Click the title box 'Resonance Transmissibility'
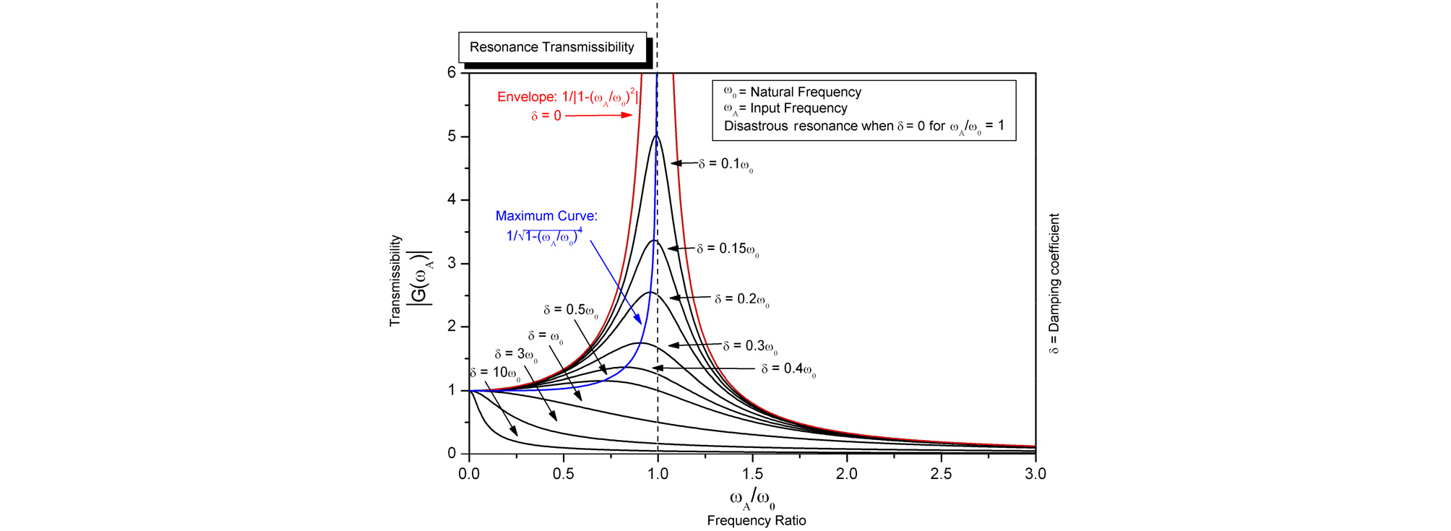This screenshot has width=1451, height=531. click(552, 48)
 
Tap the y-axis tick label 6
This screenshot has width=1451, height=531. click(452, 72)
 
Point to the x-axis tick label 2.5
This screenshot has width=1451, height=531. click(941, 474)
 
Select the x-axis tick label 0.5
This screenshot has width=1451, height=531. click(563, 474)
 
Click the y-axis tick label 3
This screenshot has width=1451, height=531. click(452, 263)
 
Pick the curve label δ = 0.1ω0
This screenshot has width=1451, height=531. click(725, 165)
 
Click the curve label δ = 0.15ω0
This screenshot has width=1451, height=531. click(728, 249)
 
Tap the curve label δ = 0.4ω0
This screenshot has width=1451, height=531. click(788, 369)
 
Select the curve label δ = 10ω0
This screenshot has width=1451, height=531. click(495, 374)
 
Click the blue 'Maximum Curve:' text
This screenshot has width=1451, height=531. click(546, 216)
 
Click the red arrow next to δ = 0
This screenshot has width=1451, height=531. click(598, 116)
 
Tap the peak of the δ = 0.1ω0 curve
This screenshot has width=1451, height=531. click(656, 136)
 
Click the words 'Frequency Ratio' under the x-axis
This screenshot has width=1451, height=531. click(757, 521)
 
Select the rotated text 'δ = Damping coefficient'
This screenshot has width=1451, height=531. click(1054, 283)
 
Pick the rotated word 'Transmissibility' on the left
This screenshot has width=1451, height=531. click(395, 280)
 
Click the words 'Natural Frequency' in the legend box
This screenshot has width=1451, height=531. click(806, 92)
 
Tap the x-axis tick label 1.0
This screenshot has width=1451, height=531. click(658, 474)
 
